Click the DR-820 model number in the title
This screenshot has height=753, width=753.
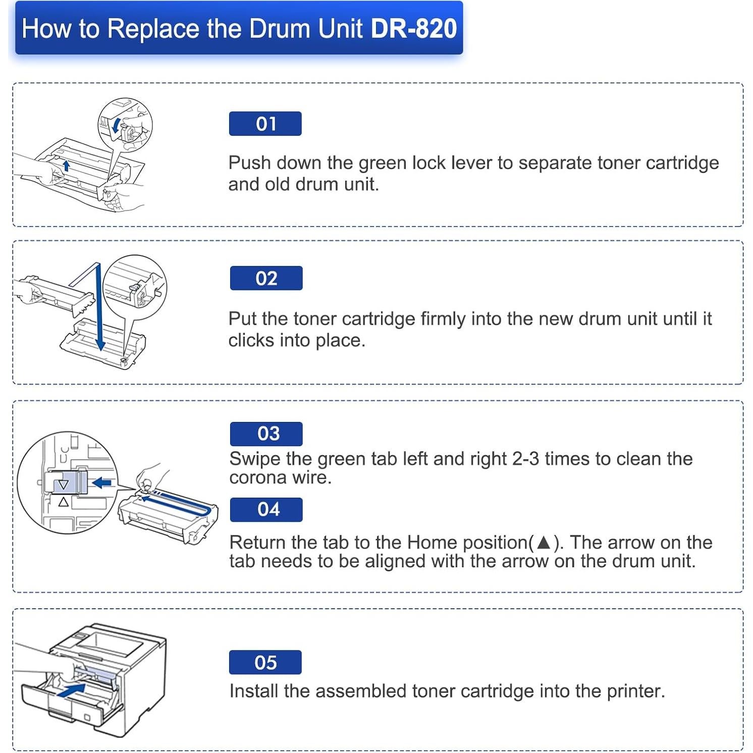413,28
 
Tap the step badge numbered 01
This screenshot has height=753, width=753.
265,124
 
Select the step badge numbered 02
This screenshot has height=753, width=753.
266,278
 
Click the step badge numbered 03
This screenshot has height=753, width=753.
266,434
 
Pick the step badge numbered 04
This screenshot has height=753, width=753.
266,509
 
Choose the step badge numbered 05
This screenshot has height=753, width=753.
265,662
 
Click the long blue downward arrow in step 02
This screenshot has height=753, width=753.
99,308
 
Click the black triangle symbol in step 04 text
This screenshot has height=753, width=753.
544,543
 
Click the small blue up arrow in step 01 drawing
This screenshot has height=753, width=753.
66,165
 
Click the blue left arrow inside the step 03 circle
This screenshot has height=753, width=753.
102,483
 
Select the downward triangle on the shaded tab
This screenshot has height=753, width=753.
63,485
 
